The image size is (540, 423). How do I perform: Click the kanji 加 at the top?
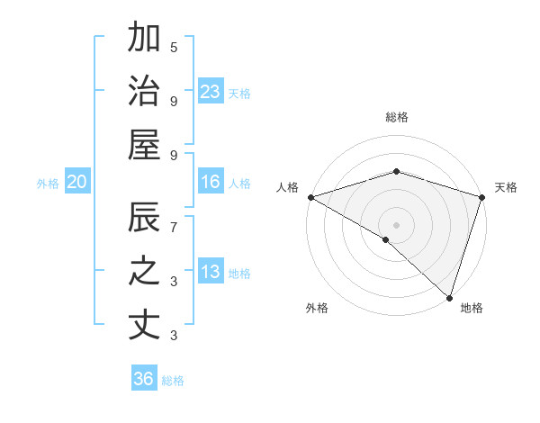click(x=144, y=40)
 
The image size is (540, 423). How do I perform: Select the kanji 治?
click(x=144, y=92)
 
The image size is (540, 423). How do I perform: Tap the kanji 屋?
click(x=144, y=145)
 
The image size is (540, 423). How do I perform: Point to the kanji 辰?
click(x=144, y=219)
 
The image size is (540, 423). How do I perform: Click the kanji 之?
click(x=144, y=272)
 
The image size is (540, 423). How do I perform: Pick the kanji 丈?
click(x=144, y=325)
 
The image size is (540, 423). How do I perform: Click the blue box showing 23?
click(x=211, y=92)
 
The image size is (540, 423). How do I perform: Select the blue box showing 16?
click(x=211, y=183)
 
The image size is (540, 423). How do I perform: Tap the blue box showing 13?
click(x=211, y=273)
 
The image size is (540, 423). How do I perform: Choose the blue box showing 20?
click(x=76, y=183)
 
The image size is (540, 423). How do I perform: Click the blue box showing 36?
click(x=144, y=379)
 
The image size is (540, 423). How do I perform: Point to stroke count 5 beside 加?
click(x=174, y=47)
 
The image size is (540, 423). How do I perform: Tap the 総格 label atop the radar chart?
click(x=397, y=117)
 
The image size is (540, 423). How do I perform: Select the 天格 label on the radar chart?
click(x=507, y=187)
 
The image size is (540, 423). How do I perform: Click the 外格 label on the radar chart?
click(x=317, y=308)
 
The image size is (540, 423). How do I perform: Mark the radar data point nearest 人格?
click(x=310, y=197)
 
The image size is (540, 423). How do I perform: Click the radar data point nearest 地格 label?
click(x=449, y=297)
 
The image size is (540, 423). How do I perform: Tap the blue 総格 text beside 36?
click(x=173, y=381)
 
